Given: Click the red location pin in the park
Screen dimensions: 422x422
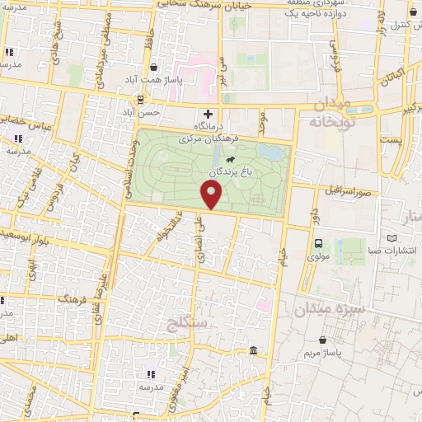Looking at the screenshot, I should coord(212,195).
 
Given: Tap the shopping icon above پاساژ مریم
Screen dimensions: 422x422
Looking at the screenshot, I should coord(324,339).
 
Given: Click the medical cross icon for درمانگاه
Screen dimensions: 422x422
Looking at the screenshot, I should coord(208,114).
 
